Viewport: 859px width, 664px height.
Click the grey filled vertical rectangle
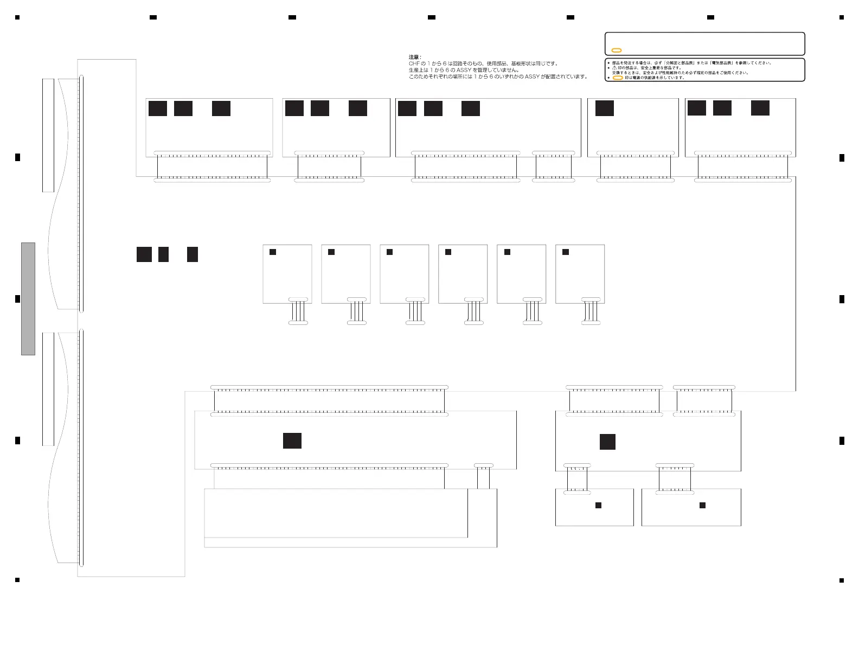coord(28,299)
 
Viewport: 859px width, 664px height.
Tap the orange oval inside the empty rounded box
coord(616,50)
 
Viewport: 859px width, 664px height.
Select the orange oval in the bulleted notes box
coord(617,78)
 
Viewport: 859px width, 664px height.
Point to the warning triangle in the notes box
coord(614,68)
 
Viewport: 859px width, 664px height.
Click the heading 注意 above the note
coord(414,57)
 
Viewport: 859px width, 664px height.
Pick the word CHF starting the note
coord(414,63)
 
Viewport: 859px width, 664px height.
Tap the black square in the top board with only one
coord(604,108)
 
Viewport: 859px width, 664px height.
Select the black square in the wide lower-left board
coord(292,440)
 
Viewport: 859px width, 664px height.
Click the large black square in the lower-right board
coord(607,442)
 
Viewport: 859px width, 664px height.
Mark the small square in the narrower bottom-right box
coord(598,505)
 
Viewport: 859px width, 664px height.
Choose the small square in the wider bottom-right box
coord(702,505)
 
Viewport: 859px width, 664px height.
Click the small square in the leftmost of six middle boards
coord(273,252)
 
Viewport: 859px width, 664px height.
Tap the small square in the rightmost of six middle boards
coord(566,252)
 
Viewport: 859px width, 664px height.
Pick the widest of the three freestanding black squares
coord(144,254)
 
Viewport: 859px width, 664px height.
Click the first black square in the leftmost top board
coord(158,108)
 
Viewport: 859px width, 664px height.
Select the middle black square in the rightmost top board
coord(722,108)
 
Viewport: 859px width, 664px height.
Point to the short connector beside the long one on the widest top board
coord(553,154)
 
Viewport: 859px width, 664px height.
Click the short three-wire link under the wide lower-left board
coord(483,477)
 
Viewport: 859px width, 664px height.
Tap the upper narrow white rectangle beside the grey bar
coord(48,135)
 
